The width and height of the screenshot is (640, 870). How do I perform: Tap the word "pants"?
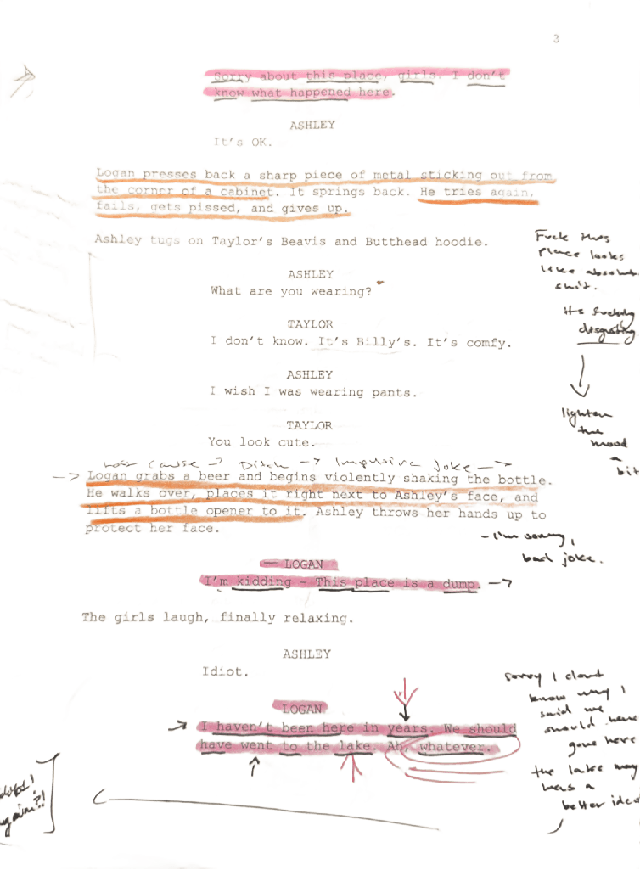point(395,392)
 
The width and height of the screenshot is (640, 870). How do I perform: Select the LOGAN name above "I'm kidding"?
point(303,564)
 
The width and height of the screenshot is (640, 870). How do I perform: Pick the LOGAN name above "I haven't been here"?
point(302,708)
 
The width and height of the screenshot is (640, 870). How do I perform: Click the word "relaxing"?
point(320,619)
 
